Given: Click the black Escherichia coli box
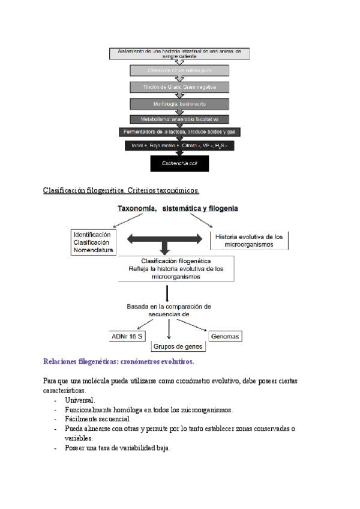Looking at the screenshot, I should pyautogui.click(x=179, y=163).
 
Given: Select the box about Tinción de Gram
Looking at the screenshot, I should pyautogui.click(x=179, y=87).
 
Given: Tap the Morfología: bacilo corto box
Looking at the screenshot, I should pyautogui.click(x=179, y=103).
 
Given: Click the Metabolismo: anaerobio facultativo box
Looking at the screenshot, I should pyautogui.click(x=179, y=119).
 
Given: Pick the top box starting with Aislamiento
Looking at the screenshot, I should pyautogui.click(x=179, y=53).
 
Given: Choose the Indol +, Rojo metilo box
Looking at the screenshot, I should pyautogui.click(x=179, y=146).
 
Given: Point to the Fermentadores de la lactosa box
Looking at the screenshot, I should pyautogui.click(x=179, y=131).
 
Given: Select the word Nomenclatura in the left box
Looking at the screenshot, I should pyautogui.click(x=93, y=250).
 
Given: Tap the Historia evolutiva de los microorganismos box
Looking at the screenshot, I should pyautogui.click(x=248, y=240).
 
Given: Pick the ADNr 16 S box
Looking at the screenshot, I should pyautogui.click(x=127, y=336).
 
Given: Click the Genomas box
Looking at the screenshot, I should pyautogui.click(x=224, y=336).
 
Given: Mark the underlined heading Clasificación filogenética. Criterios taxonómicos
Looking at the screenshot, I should pyautogui.click(x=121, y=190).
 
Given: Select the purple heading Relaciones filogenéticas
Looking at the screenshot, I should pyautogui.click(x=119, y=362).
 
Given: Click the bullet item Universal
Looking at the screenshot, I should pyautogui.click(x=79, y=400).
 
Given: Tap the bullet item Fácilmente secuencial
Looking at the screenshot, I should pyautogui.click(x=97, y=418).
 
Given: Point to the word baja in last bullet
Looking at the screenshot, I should pyautogui.click(x=163, y=448).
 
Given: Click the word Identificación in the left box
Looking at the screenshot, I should pyautogui.click(x=92, y=234).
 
